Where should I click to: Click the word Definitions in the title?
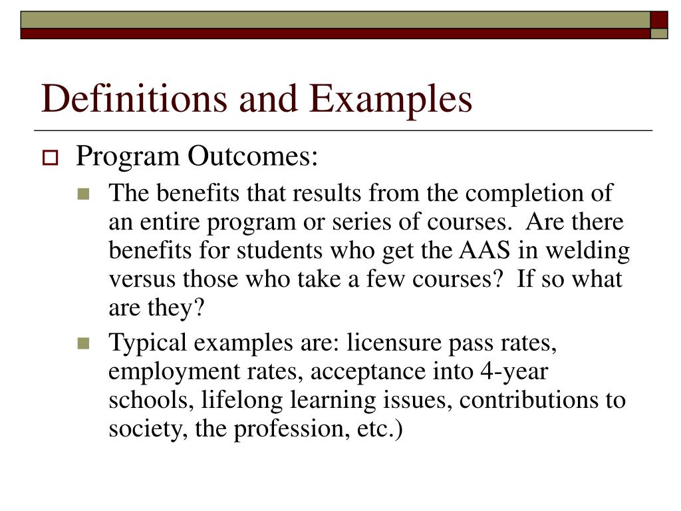click(126, 98)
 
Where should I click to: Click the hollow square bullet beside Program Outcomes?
click(51, 159)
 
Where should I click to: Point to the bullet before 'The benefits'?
click(83, 195)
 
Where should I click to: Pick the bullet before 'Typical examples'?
click(83, 344)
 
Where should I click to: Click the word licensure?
click(388, 343)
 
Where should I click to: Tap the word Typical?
click(148, 343)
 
